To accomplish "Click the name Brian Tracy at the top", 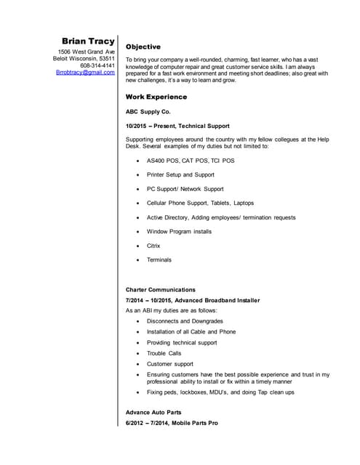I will tap(88, 41).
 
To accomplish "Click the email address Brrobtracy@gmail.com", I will tap(85, 73).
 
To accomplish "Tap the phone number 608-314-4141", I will tap(97, 65).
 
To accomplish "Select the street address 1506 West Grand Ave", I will tap(87, 52).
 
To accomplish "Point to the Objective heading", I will tap(143, 46).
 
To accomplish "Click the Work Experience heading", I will tap(156, 96).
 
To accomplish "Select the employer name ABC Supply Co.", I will tap(148, 112).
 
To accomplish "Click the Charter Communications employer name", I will tap(160, 289).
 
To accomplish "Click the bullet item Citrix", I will tap(153, 246).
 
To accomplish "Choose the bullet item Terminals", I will tap(159, 259).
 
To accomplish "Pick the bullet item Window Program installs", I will tap(179, 232).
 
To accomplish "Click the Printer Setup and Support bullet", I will tap(180, 175).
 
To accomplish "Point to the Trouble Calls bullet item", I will tap(164, 353).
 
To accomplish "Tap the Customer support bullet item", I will tap(170, 363).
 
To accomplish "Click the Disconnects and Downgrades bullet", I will tap(185, 321).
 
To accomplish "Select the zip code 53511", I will tap(107, 59).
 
